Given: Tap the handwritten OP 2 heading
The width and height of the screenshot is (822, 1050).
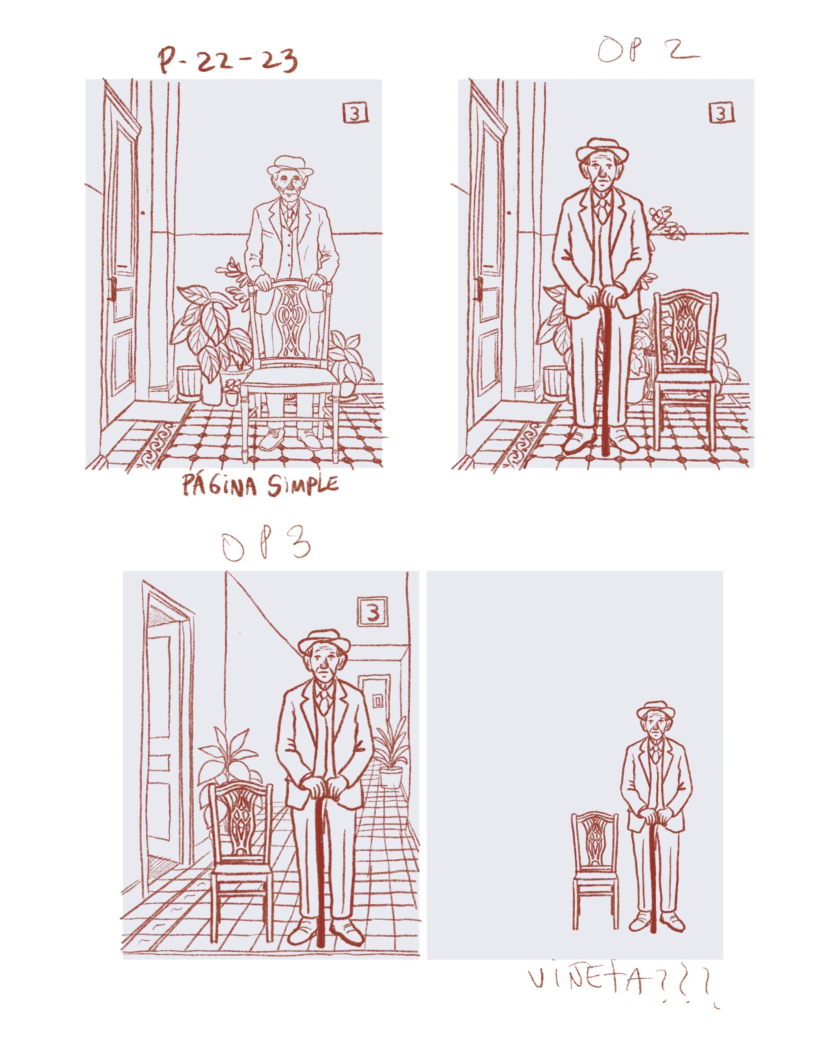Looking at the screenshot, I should (647, 52).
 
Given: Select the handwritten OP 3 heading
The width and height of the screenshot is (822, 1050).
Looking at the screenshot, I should (266, 547).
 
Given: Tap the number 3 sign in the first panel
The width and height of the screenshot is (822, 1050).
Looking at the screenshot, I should (355, 113).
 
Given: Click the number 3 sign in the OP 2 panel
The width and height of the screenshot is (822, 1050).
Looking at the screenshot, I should (721, 113).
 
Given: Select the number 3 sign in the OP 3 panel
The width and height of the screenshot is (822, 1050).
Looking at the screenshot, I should (373, 612).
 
